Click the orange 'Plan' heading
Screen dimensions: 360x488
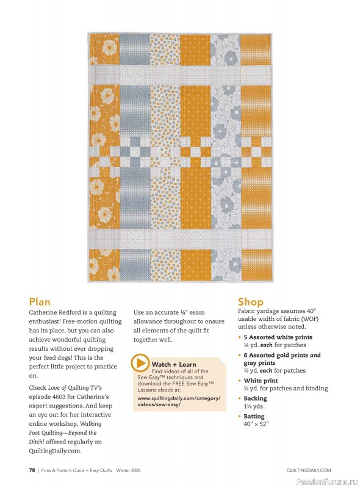tap(40, 301)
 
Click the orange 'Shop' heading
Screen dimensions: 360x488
tap(251, 301)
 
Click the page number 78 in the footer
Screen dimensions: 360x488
tap(32, 470)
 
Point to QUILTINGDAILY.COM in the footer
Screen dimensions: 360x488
tap(309, 470)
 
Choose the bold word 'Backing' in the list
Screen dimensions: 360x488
tap(255, 398)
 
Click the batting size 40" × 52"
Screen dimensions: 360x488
tap(256, 424)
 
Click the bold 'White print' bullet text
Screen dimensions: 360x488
tap(261, 381)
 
